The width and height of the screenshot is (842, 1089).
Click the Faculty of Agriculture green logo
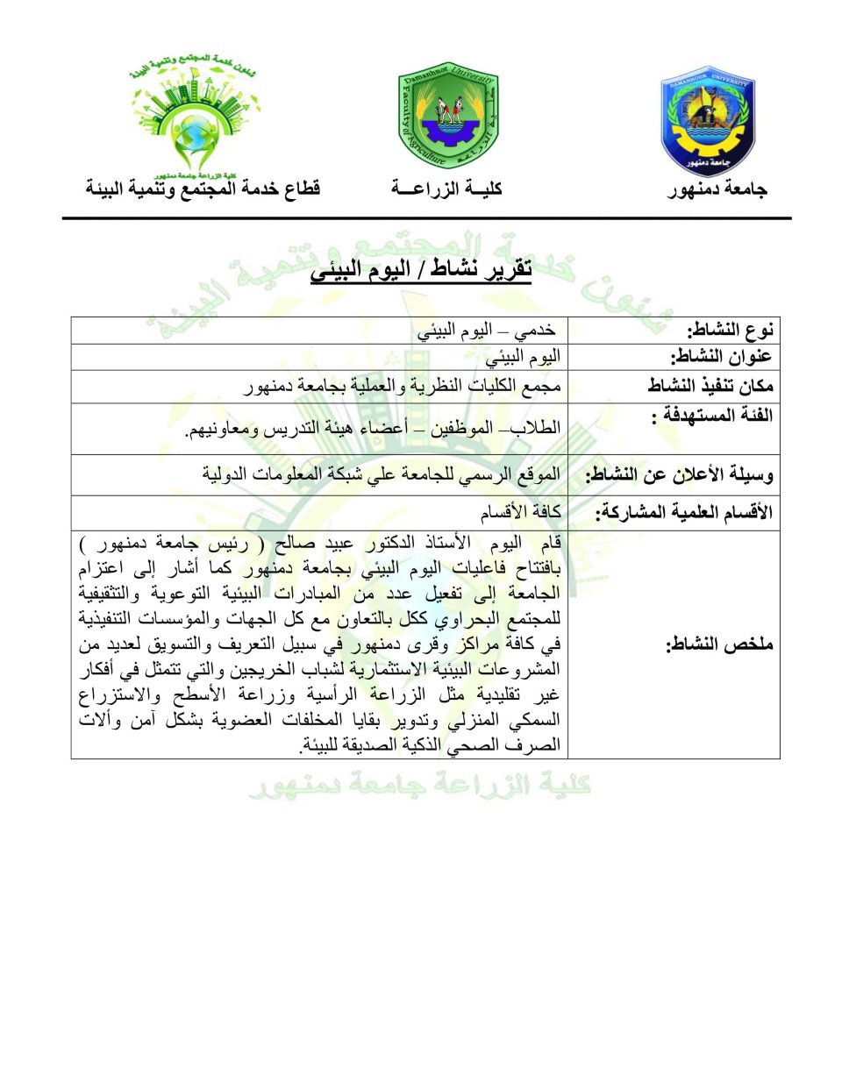click(447, 117)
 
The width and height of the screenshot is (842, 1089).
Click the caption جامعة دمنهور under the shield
click(717, 189)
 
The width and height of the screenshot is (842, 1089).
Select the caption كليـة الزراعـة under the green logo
click(447, 189)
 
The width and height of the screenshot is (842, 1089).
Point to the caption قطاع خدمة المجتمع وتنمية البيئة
click(203, 189)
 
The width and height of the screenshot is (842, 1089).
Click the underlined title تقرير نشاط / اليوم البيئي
click(421, 269)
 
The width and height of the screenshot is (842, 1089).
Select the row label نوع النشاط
click(730, 330)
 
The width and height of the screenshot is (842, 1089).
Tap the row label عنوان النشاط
click(721, 356)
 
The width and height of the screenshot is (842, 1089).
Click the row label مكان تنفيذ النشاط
click(710, 386)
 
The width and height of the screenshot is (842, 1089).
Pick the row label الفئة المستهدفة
click(712, 415)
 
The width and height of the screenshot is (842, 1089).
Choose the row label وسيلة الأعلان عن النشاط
click(679, 475)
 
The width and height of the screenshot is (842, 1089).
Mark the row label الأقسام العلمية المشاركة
click(684, 512)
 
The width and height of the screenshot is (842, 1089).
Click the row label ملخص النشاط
click(719, 645)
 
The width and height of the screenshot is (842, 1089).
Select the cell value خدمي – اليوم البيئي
click(487, 331)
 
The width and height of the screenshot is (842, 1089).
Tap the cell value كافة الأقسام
click(520, 512)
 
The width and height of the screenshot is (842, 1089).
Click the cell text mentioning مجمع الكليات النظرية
click(403, 386)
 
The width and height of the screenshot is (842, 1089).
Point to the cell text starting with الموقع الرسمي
click(381, 474)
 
